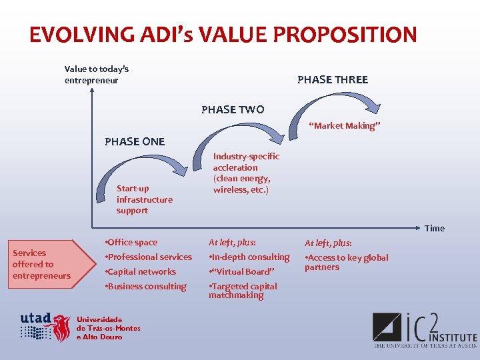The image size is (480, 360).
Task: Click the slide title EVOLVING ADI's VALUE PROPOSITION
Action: [x=223, y=34]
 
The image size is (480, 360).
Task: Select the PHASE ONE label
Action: [x=135, y=141]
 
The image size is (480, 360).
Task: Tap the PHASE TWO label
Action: [x=233, y=109]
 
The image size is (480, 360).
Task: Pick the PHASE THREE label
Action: [x=332, y=79]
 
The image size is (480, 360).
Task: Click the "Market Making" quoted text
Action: [x=345, y=125]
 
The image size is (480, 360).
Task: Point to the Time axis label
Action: [x=434, y=228]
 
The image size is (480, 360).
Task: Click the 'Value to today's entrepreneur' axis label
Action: [x=96, y=74]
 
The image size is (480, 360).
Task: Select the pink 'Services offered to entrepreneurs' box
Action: [x=41, y=264]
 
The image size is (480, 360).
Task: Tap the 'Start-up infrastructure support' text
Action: [x=144, y=199]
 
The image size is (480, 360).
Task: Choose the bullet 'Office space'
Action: [x=131, y=242]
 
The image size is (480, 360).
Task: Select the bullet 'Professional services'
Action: [x=149, y=257]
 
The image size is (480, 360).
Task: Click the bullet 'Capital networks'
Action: [x=141, y=271]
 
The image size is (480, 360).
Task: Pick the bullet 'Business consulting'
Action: [x=146, y=286]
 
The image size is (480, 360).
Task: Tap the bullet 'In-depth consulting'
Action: [x=249, y=257]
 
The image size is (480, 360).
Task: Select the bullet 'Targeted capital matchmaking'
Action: [x=243, y=290]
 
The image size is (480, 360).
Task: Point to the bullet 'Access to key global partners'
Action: [x=346, y=262]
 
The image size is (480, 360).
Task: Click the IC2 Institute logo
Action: [x=424, y=330]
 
